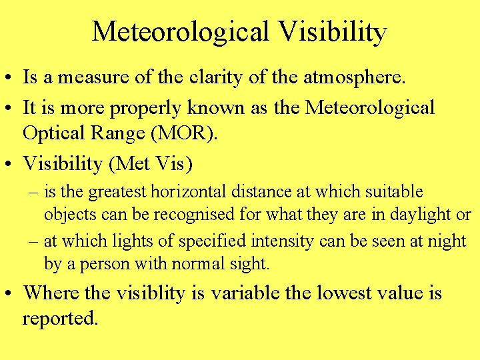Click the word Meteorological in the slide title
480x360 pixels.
[x=179, y=31]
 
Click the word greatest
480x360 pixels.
[x=118, y=193]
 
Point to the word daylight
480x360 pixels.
[x=419, y=215]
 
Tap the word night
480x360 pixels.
[x=447, y=241]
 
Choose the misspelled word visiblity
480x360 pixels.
[x=157, y=293]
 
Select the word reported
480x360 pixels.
[x=60, y=319]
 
